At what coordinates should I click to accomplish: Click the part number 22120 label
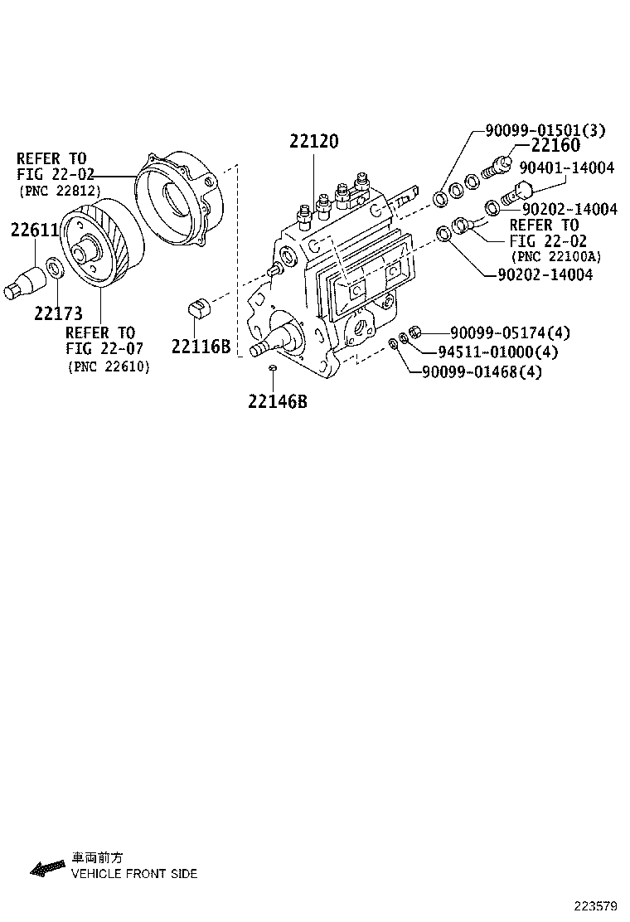click(x=313, y=142)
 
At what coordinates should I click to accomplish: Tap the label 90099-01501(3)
click(x=545, y=129)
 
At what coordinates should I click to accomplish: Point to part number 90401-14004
click(x=566, y=167)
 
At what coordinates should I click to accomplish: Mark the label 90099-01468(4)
click(x=482, y=372)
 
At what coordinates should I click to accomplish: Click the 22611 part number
click(x=33, y=230)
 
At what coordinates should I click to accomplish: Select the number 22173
click(x=58, y=313)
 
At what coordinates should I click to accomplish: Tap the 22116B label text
click(x=201, y=347)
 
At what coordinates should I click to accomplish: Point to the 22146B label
click(x=277, y=401)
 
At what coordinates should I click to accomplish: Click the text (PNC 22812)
click(x=60, y=191)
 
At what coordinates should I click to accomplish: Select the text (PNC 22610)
click(x=109, y=366)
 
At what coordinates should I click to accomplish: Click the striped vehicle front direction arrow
click(x=48, y=868)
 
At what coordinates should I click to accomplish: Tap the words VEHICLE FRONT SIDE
click(x=133, y=874)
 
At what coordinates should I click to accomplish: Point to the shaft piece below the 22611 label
click(x=27, y=281)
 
